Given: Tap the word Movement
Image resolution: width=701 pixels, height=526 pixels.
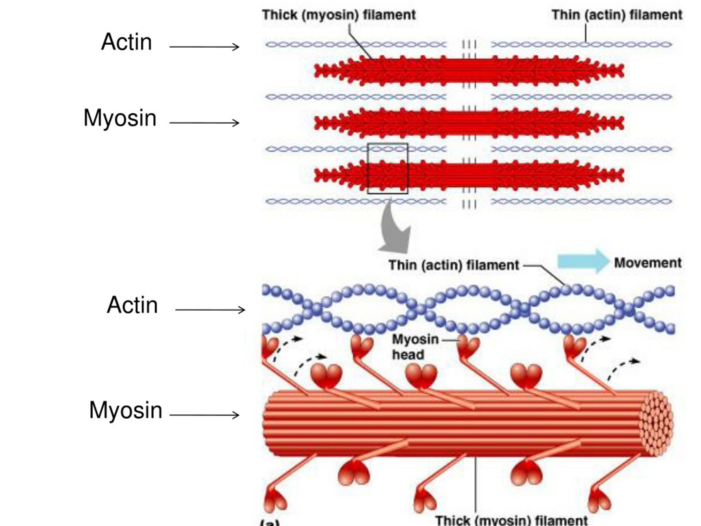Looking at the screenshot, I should point(647,263).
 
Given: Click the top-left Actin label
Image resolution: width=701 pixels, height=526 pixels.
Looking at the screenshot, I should point(127,42).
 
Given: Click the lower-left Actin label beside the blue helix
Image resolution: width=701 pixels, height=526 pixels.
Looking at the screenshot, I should point(132,305).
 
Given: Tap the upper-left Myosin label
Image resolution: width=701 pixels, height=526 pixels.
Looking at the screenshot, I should point(120,118).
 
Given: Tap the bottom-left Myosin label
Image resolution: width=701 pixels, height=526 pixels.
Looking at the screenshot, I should point(125,410).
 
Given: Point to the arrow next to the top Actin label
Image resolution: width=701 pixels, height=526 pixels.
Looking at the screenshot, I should point(204,47).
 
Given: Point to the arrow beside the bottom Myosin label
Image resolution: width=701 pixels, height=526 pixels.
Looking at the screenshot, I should point(204,415).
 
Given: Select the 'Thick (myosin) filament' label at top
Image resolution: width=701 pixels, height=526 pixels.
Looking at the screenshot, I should point(339,15).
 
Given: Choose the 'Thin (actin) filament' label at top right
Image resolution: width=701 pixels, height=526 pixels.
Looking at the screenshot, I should point(617,15).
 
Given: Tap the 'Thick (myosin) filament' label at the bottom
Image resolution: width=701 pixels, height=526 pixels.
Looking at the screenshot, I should point(511,521).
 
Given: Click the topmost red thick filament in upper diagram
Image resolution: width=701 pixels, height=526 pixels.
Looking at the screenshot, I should point(469,71).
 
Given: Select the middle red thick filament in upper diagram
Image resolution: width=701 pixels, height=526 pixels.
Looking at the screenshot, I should point(469,123).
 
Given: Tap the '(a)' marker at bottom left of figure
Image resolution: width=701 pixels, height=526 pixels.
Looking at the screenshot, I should point(270,522).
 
